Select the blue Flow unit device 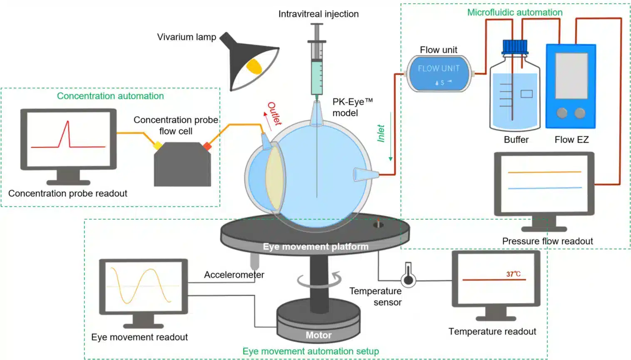pos(439,74)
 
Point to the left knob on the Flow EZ pos(562,113)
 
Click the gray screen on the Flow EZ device pos(571,75)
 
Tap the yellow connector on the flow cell pos(158,146)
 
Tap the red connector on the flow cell pos(207,146)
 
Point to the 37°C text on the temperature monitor pos(513,274)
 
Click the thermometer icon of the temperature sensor pos(408,275)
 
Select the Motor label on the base pos(318,335)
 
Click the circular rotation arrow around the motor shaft pos(319,280)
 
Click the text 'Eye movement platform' pos(315,246)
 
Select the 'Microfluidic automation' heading pos(514,12)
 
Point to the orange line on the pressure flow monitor pos(544,172)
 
